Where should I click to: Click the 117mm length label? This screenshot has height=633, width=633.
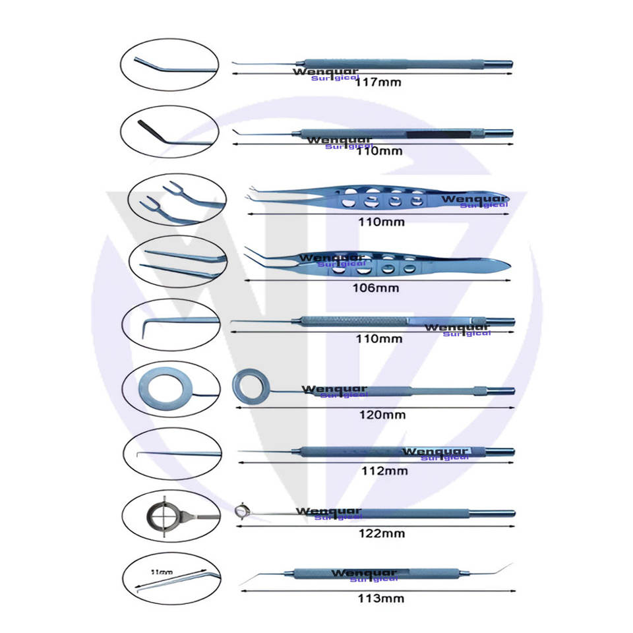[378, 83]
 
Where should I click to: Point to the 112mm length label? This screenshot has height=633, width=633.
[385, 471]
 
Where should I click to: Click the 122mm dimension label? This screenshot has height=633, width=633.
[383, 533]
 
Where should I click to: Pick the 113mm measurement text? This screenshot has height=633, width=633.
[382, 599]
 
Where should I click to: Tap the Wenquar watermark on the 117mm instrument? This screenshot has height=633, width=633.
[326, 71]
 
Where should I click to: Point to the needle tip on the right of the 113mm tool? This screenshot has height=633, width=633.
[508, 566]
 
